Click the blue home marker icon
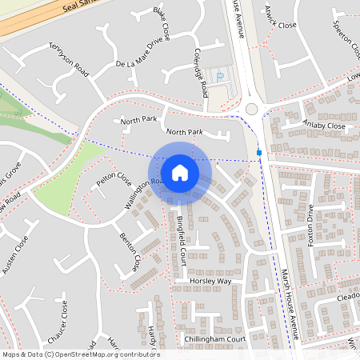click(x=180, y=172)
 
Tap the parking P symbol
click(x=221, y=76)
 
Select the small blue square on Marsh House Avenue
click(x=259, y=152)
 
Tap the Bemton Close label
click(x=129, y=251)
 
